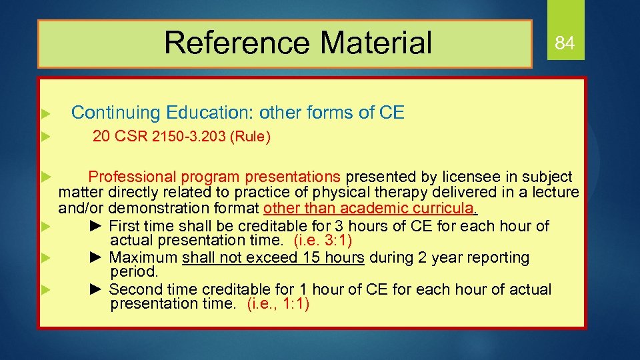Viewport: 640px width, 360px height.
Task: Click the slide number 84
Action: pos(565,44)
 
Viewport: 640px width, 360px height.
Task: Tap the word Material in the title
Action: pos(375,43)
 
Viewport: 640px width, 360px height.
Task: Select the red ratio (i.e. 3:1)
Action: pos(323,240)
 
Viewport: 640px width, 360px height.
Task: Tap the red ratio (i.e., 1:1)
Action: pos(278,304)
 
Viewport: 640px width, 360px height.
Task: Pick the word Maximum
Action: pos(143,257)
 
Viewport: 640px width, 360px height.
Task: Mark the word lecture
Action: pos(556,192)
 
